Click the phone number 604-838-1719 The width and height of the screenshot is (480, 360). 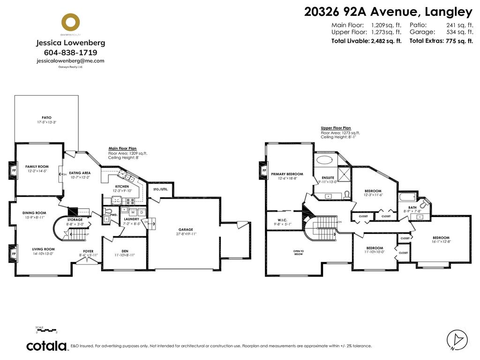coord(70,52)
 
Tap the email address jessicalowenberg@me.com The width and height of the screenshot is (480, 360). coord(70,61)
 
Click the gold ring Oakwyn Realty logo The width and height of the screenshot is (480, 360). coord(70,22)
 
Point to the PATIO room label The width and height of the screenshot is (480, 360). coord(46,118)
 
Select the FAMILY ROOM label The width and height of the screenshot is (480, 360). coord(37,166)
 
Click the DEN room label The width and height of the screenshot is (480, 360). coord(124,251)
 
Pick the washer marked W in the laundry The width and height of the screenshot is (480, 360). coord(133,212)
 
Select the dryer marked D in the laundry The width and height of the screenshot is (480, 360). coord(141,212)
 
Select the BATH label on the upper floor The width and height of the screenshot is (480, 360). coord(412,207)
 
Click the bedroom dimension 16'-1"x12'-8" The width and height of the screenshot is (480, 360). coord(441,242)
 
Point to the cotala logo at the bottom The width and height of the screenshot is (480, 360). coord(46,346)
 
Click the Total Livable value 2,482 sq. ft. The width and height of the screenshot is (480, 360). coord(386,41)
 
